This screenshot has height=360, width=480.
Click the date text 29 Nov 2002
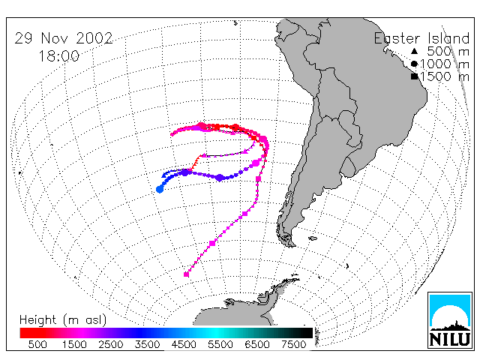click(x=64, y=38)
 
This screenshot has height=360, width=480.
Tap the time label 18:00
click(x=59, y=56)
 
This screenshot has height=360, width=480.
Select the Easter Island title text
click(x=421, y=38)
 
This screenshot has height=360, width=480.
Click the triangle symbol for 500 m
click(x=414, y=51)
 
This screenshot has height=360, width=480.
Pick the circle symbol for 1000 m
click(x=414, y=64)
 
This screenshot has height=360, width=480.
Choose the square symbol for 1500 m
click(x=414, y=76)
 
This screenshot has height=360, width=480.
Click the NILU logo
click(x=450, y=320)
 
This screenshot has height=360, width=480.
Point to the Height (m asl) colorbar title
click(x=63, y=320)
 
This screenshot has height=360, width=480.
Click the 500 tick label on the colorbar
click(x=37, y=345)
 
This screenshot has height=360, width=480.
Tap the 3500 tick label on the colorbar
click(x=147, y=345)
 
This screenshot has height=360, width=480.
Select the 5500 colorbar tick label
click(x=220, y=345)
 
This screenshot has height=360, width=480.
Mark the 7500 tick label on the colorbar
click(x=293, y=345)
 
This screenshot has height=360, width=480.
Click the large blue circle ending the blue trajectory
click(x=160, y=190)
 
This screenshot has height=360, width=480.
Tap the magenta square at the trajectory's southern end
click(x=186, y=274)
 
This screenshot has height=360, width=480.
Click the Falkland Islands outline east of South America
click(x=313, y=238)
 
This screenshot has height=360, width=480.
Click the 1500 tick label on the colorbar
click(x=74, y=345)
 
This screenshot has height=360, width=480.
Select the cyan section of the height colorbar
click(x=216, y=333)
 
